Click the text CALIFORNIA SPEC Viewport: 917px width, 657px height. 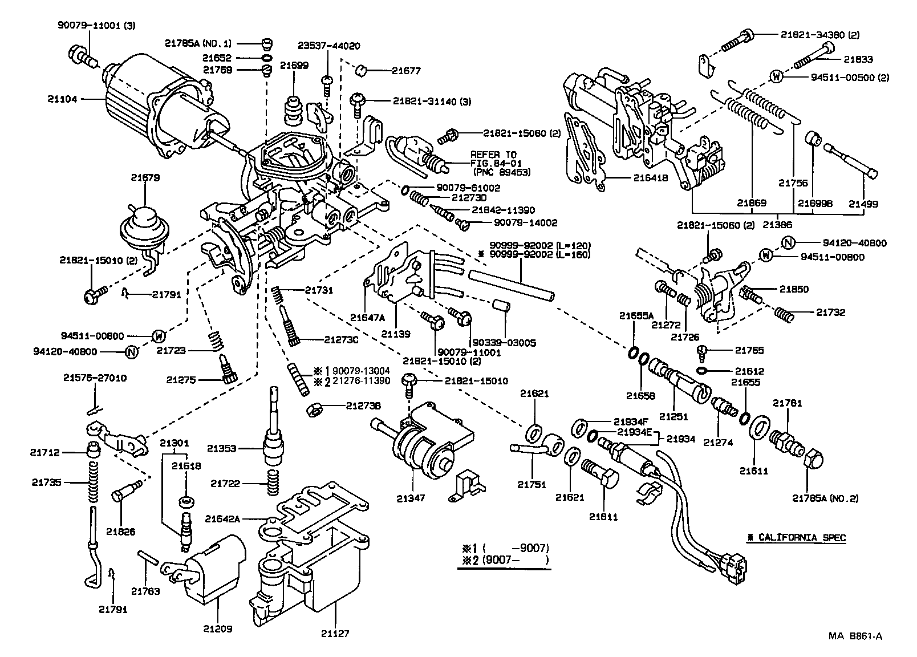(796, 537)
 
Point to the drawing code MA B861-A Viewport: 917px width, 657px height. (855, 637)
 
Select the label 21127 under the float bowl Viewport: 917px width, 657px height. (334, 633)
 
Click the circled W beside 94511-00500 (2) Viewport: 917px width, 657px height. (776, 77)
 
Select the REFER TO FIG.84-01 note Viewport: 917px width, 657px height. (493, 163)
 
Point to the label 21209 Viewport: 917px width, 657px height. (217, 630)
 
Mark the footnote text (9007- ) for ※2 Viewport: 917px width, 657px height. (515, 561)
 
